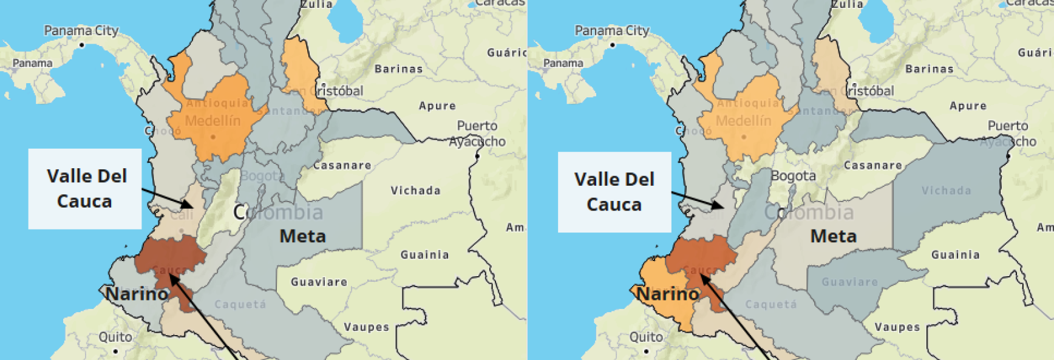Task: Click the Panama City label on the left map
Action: point(81,30)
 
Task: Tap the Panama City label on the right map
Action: point(611,30)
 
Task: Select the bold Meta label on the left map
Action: point(302,236)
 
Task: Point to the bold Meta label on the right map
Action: point(833,236)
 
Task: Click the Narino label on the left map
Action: point(137,294)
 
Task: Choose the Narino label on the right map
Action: point(667,294)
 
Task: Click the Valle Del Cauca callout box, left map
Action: point(85,189)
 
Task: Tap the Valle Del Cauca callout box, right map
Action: point(614,192)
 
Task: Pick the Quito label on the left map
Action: point(115,337)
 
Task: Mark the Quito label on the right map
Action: point(646,337)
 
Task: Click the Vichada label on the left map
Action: point(415,191)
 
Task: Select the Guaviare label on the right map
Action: point(849,282)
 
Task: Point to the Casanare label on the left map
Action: point(342,165)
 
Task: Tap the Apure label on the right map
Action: point(968,106)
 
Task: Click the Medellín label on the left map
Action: point(212,121)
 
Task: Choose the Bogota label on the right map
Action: point(793,176)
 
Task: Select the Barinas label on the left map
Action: point(398,69)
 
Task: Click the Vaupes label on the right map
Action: point(897,327)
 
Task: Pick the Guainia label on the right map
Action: point(955,255)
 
